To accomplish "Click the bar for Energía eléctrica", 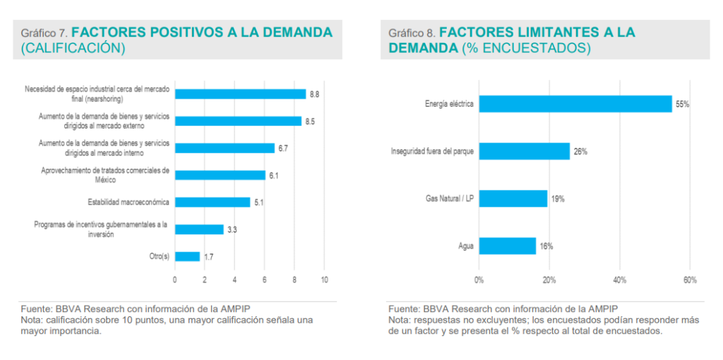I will pos(575,104).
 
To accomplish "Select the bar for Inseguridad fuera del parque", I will pos(524,151).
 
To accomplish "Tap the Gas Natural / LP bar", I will pos(513,198).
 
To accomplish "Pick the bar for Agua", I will pos(508,246).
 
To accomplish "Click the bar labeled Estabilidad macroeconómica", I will pos(213,202).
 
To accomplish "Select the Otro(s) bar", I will pos(187,256).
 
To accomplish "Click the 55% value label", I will pos(682,104).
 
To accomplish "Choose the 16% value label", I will pos(546,246).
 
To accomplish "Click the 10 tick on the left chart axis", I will pos(324,280).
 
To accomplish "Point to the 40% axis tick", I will pos(619,280).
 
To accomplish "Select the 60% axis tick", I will pos(690,280).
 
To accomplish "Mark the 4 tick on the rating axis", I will pos(234,280).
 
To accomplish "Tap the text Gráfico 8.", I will pos(411,33).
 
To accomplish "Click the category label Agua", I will pos(466,246).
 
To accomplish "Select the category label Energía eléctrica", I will pos(449,104).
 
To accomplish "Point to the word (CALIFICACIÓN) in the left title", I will pos(73,48).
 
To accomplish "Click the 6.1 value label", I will pos(273,175).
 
